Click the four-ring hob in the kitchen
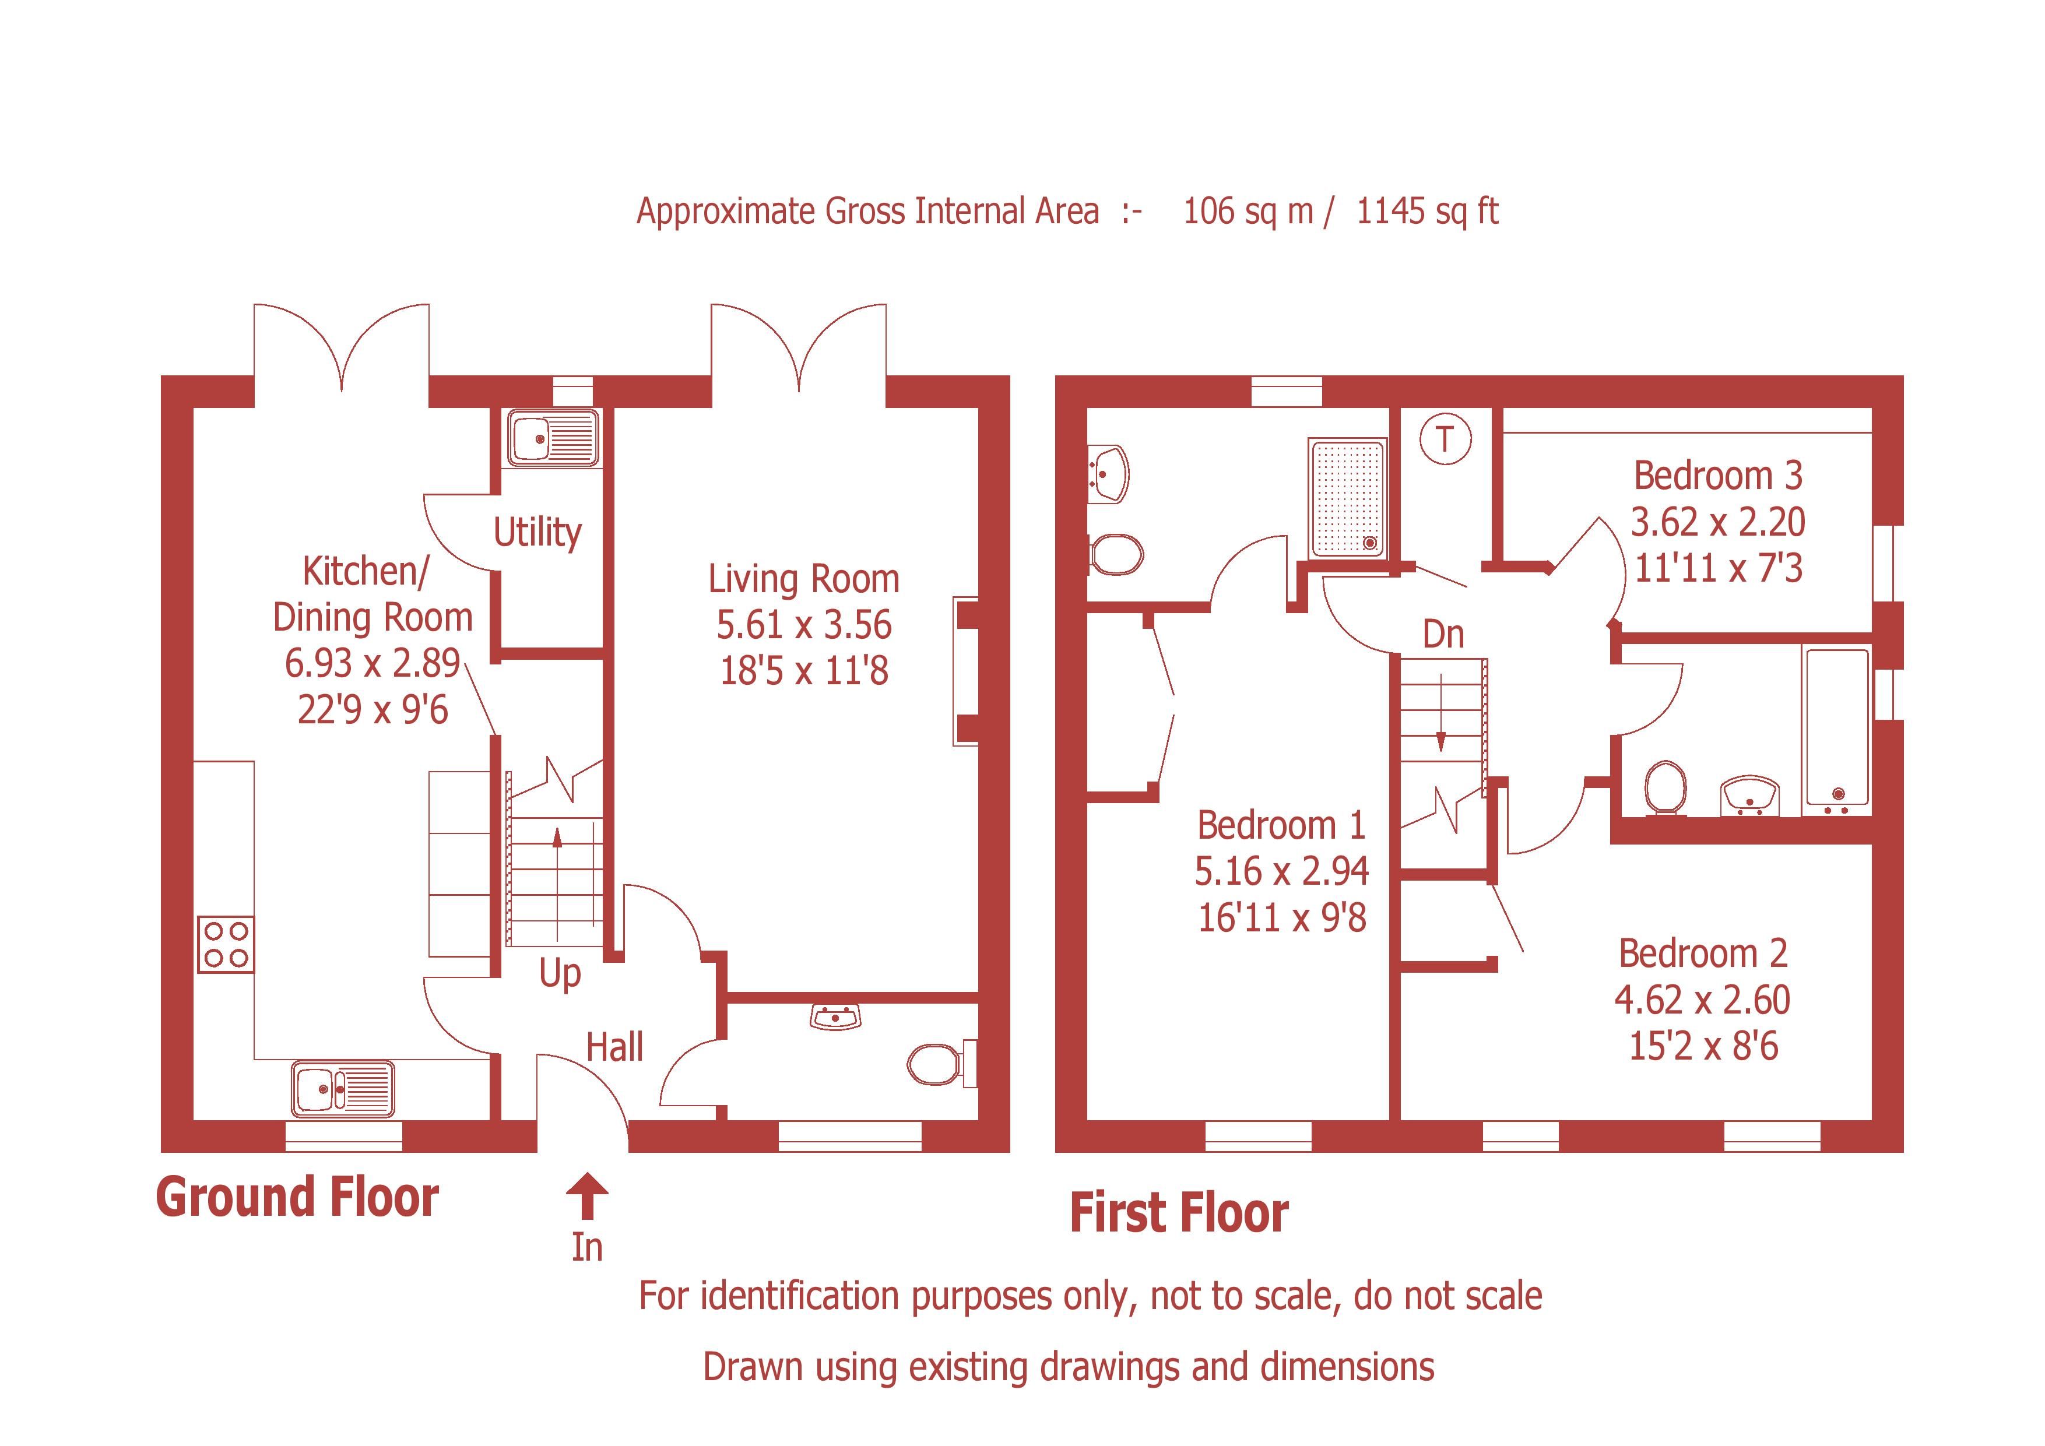pyautogui.click(x=226, y=945)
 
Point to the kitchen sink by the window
pyautogui.click(x=342, y=1088)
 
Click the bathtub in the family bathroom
pyautogui.click(x=1836, y=730)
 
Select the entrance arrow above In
pyautogui.click(x=587, y=1195)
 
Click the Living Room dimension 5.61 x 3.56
pyautogui.click(x=803, y=625)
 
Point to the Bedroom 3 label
pyautogui.click(x=1717, y=476)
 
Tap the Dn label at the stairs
pyautogui.click(x=1443, y=635)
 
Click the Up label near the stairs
pyautogui.click(x=560, y=974)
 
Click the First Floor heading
pyautogui.click(x=1178, y=1213)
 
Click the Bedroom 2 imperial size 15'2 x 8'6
pyautogui.click(x=1703, y=1046)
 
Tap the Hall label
pyautogui.click(x=614, y=1047)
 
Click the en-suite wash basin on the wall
pyautogui.click(x=1109, y=472)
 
